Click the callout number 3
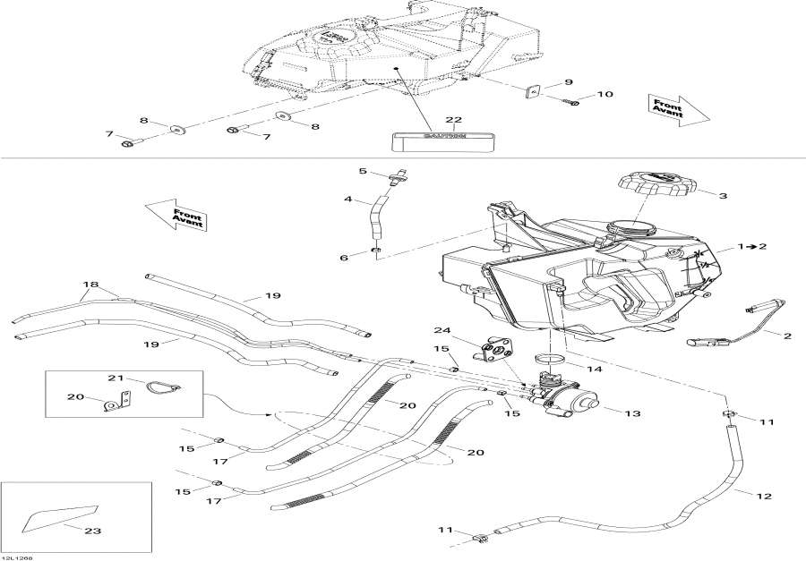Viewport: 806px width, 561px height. click(723, 195)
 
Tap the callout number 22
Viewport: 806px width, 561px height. click(454, 121)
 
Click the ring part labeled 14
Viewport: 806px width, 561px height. click(551, 362)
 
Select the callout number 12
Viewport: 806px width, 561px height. click(765, 496)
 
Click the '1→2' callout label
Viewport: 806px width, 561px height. click(752, 245)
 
